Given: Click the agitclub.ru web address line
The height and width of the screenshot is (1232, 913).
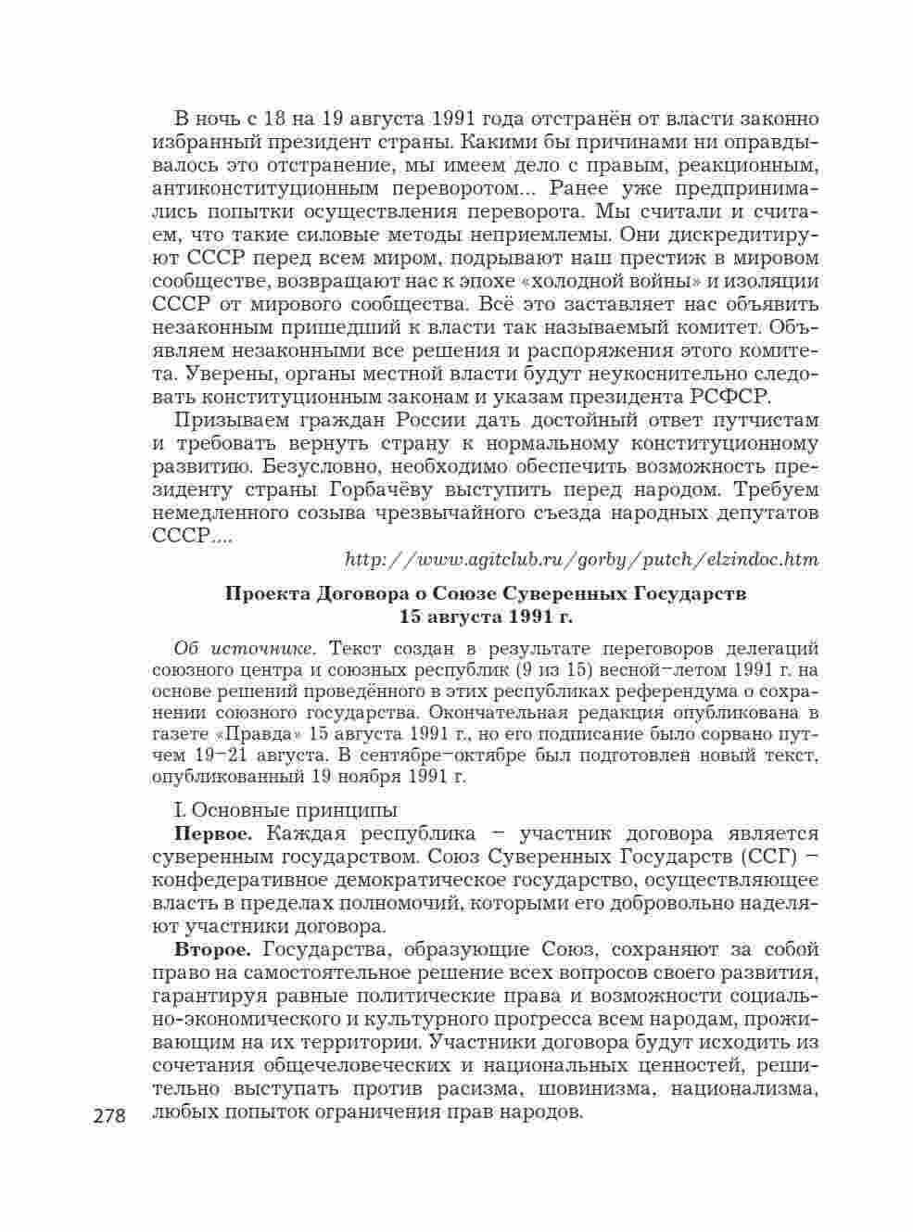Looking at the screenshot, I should (581, 559).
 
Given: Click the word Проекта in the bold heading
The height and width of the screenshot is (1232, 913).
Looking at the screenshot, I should (268, 593).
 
